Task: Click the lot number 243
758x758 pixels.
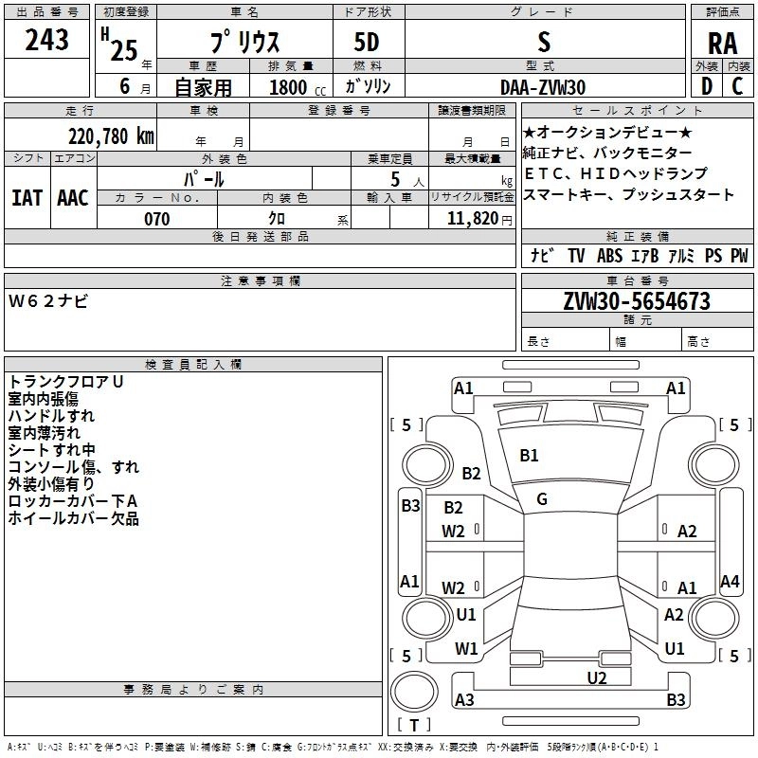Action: tap(47, 41)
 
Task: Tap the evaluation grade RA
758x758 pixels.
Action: tap(722, 44)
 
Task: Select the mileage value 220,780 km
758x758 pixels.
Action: tap(110, 135)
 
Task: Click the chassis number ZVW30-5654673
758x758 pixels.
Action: tap(636, 301)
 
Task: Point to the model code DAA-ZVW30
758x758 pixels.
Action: tap(543, 86)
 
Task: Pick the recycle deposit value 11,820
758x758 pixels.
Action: tap(472, 219)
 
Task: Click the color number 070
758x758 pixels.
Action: tap(156, 219)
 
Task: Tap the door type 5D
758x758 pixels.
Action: tap(368, 42)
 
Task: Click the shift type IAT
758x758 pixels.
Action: tap(27, 197)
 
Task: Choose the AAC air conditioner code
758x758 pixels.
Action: tap(73, 197)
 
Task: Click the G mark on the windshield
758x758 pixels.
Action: tap(542, 499)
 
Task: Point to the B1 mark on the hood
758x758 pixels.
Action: tap(529, 456)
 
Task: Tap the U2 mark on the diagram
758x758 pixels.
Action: tap(596, 677)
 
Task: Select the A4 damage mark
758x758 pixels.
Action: tap(729, 581)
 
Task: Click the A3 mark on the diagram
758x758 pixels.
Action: tap(464, 700)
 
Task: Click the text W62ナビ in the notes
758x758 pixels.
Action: tap(48, 301)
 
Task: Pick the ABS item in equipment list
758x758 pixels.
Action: tap(609, 256)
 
